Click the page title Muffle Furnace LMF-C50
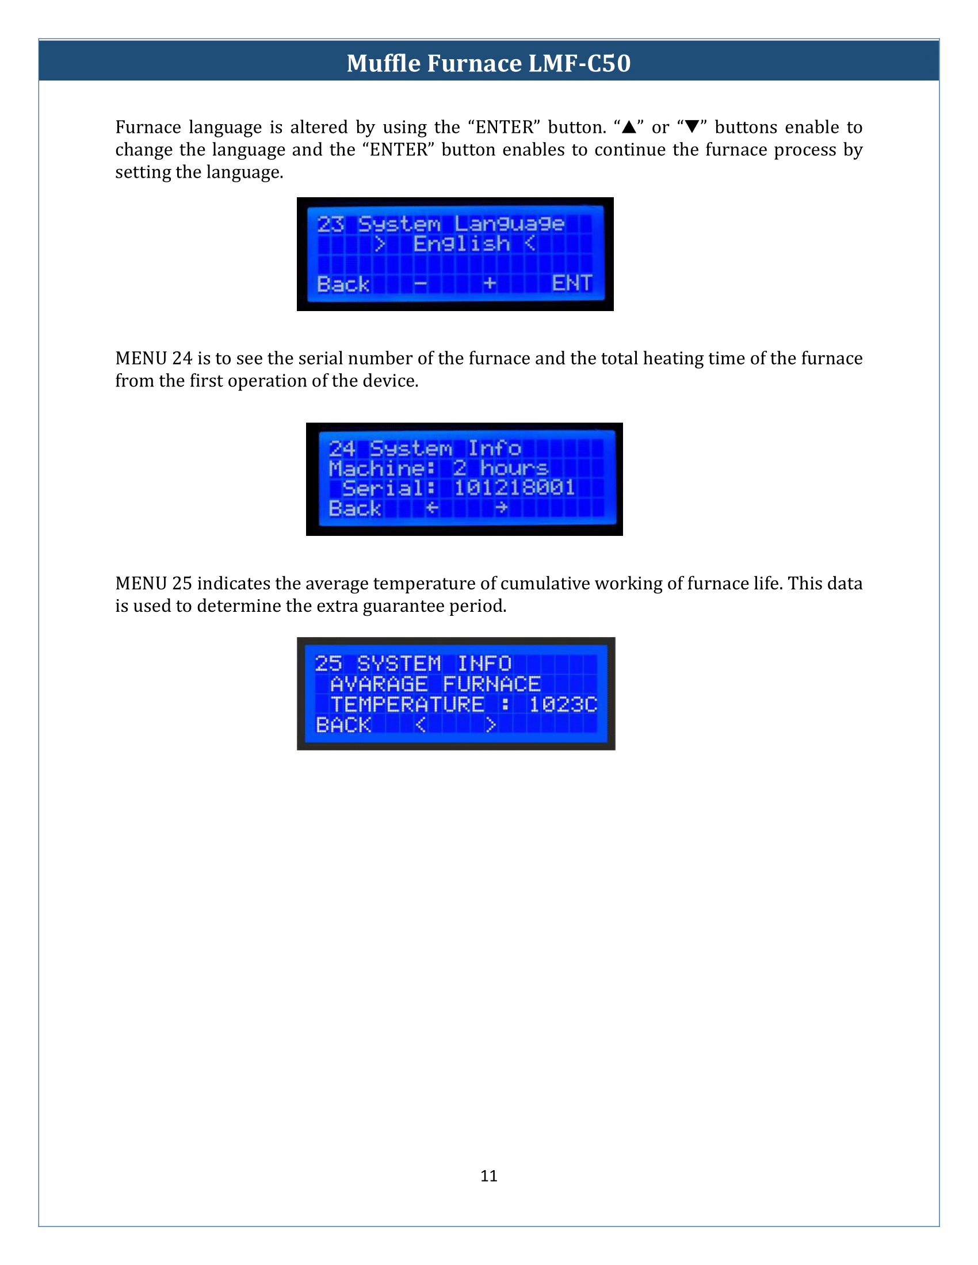click(x=488, y=63)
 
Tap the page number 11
click(x=489, y=1175)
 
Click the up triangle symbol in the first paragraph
click(x=629, y=126)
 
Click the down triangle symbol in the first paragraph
click(x=692, y=126)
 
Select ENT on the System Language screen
click(x=572, y=283)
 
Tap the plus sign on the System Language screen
click(x=490, y=283)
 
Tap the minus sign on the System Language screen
click(x=421, y=284)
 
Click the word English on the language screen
click(x=461, y=244)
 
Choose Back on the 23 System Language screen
click(x=343, y=284)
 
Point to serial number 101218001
click(x=514, y=488)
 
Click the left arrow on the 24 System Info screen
click(x=432, y=508)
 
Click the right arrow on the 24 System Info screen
click(x=501, y=508)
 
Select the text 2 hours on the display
click(x=501, y=467)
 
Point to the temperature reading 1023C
click(x=563, y=704)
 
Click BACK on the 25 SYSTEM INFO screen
click(x=343, y=724)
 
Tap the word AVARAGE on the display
click(x=379, y=684)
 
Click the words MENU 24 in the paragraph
click(x=154, y=358)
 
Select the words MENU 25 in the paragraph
click(x=154, y=582)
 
